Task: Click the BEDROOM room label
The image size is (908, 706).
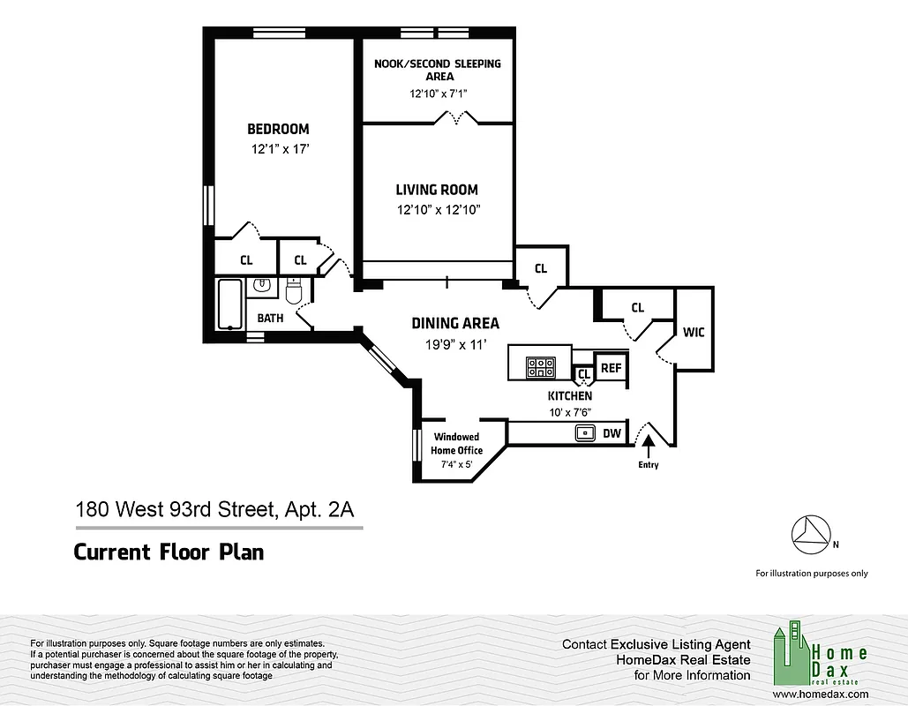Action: click(278, 129)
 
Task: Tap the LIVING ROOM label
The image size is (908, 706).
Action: click(437, 190)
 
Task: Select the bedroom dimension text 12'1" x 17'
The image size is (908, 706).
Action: click(279, 150)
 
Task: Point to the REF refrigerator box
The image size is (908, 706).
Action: click(611, 367)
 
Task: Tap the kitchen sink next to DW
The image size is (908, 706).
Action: click(584, 433)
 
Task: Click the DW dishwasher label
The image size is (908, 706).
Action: click(612, 433)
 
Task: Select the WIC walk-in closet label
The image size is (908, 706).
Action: click(694, 332)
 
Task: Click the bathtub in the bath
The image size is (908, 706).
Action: click(230, 304)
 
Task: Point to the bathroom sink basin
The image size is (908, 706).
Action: click(262, 286)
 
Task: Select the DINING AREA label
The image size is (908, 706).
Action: click(455, 324)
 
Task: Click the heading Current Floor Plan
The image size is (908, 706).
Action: click(169, 552)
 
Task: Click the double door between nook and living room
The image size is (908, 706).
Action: click(460, 117)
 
